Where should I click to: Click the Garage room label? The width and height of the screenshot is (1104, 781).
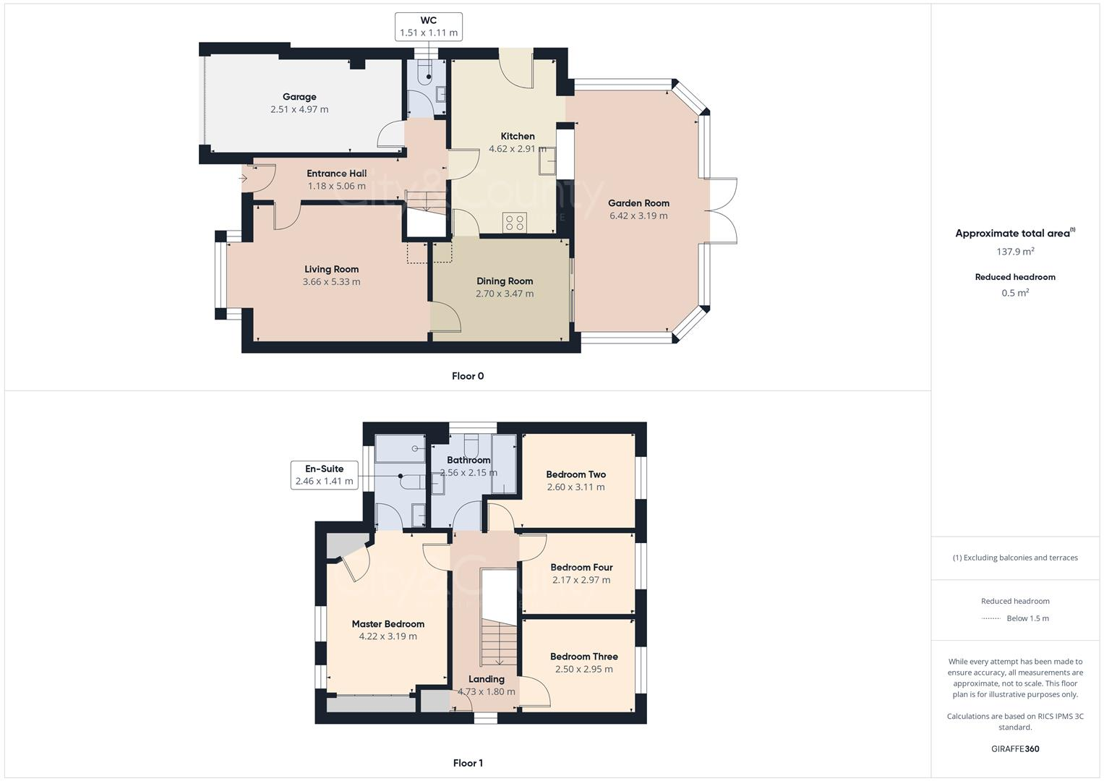pos(299,97)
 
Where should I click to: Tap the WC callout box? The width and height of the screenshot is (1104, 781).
pos(429,27)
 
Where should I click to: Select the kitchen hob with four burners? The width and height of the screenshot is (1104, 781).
pos(515,223)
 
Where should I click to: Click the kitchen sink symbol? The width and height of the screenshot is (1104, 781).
pos(547,161)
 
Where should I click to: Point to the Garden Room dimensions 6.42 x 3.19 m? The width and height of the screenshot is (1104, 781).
pos(638,215)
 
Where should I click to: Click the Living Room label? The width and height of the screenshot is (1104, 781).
pos(331,269)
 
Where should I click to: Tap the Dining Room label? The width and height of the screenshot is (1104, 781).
pos(505,281)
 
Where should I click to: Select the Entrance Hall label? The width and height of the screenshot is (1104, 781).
pos(336,174)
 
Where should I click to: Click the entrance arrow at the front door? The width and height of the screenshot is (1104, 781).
pos(243,179)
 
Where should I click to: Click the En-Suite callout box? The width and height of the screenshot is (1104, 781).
pos(324,475)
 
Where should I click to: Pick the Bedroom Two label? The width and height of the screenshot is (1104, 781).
pos(575,474)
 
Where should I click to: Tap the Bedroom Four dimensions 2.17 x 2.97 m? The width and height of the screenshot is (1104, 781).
pos(581,580)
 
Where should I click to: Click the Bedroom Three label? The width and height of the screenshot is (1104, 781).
pos(583,657)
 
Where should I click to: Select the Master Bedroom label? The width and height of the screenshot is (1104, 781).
pos(388,624)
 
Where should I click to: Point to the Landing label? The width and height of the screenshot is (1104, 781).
pos(486,679)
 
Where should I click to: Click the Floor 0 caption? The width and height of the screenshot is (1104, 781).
pos(468,376)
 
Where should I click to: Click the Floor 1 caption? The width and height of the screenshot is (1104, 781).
pos(468,763)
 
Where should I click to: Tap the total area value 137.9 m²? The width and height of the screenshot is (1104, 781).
pos(1015,252)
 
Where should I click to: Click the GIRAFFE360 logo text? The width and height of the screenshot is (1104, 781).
pos(1015,748)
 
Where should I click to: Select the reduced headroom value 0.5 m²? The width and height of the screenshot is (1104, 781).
pos(1015,293)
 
